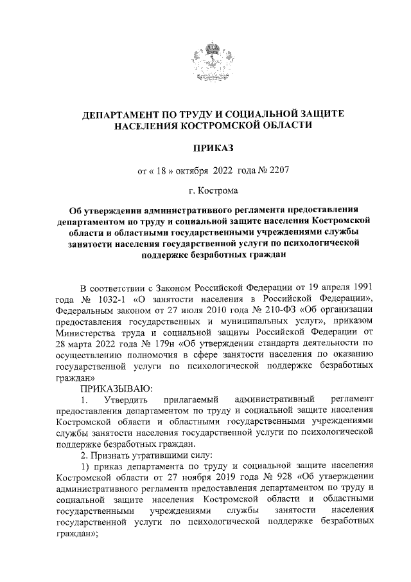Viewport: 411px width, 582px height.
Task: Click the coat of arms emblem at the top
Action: click(205, 62)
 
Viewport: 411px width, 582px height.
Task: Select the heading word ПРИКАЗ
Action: click(205, 149)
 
